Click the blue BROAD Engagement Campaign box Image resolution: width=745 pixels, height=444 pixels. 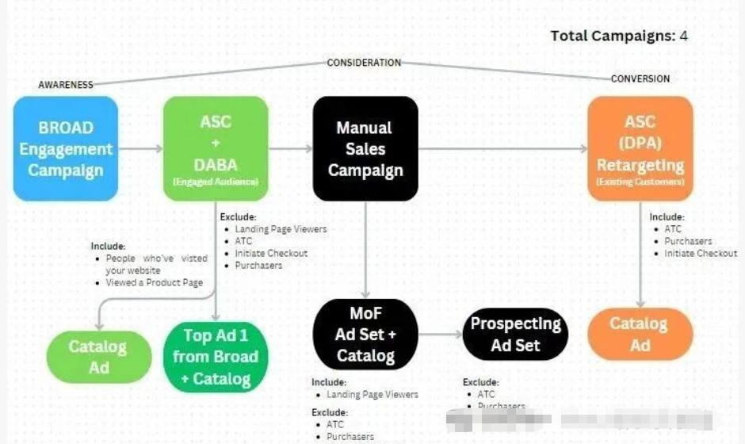(66, 148)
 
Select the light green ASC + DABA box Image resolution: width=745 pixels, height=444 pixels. (216, 148)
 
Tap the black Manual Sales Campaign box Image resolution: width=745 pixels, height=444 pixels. (365, 148)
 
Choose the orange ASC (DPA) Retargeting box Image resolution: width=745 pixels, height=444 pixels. (640, 148)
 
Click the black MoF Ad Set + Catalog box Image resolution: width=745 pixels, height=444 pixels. (365, 333)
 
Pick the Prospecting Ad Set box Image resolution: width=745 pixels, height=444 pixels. (515, 334)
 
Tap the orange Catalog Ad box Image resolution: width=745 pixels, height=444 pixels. (640, 334)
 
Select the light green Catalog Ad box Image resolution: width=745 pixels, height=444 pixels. (98, 357)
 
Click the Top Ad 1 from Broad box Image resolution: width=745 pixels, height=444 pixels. (216, 357)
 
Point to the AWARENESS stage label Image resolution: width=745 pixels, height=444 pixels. (66, 85)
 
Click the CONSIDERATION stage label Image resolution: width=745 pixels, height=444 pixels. (364, 63)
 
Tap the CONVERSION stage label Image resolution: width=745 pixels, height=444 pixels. (640, 78)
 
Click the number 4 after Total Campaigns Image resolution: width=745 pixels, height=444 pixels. (683, 36)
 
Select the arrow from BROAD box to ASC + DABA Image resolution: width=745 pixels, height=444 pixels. (140, 148)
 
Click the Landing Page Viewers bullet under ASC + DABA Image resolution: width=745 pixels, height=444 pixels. (281, 229)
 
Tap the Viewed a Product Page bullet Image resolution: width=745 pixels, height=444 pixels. (154, 282)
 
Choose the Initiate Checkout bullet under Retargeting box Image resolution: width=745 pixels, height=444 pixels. (701, 253)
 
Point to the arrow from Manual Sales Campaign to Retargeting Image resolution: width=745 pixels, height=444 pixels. (502, 148)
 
